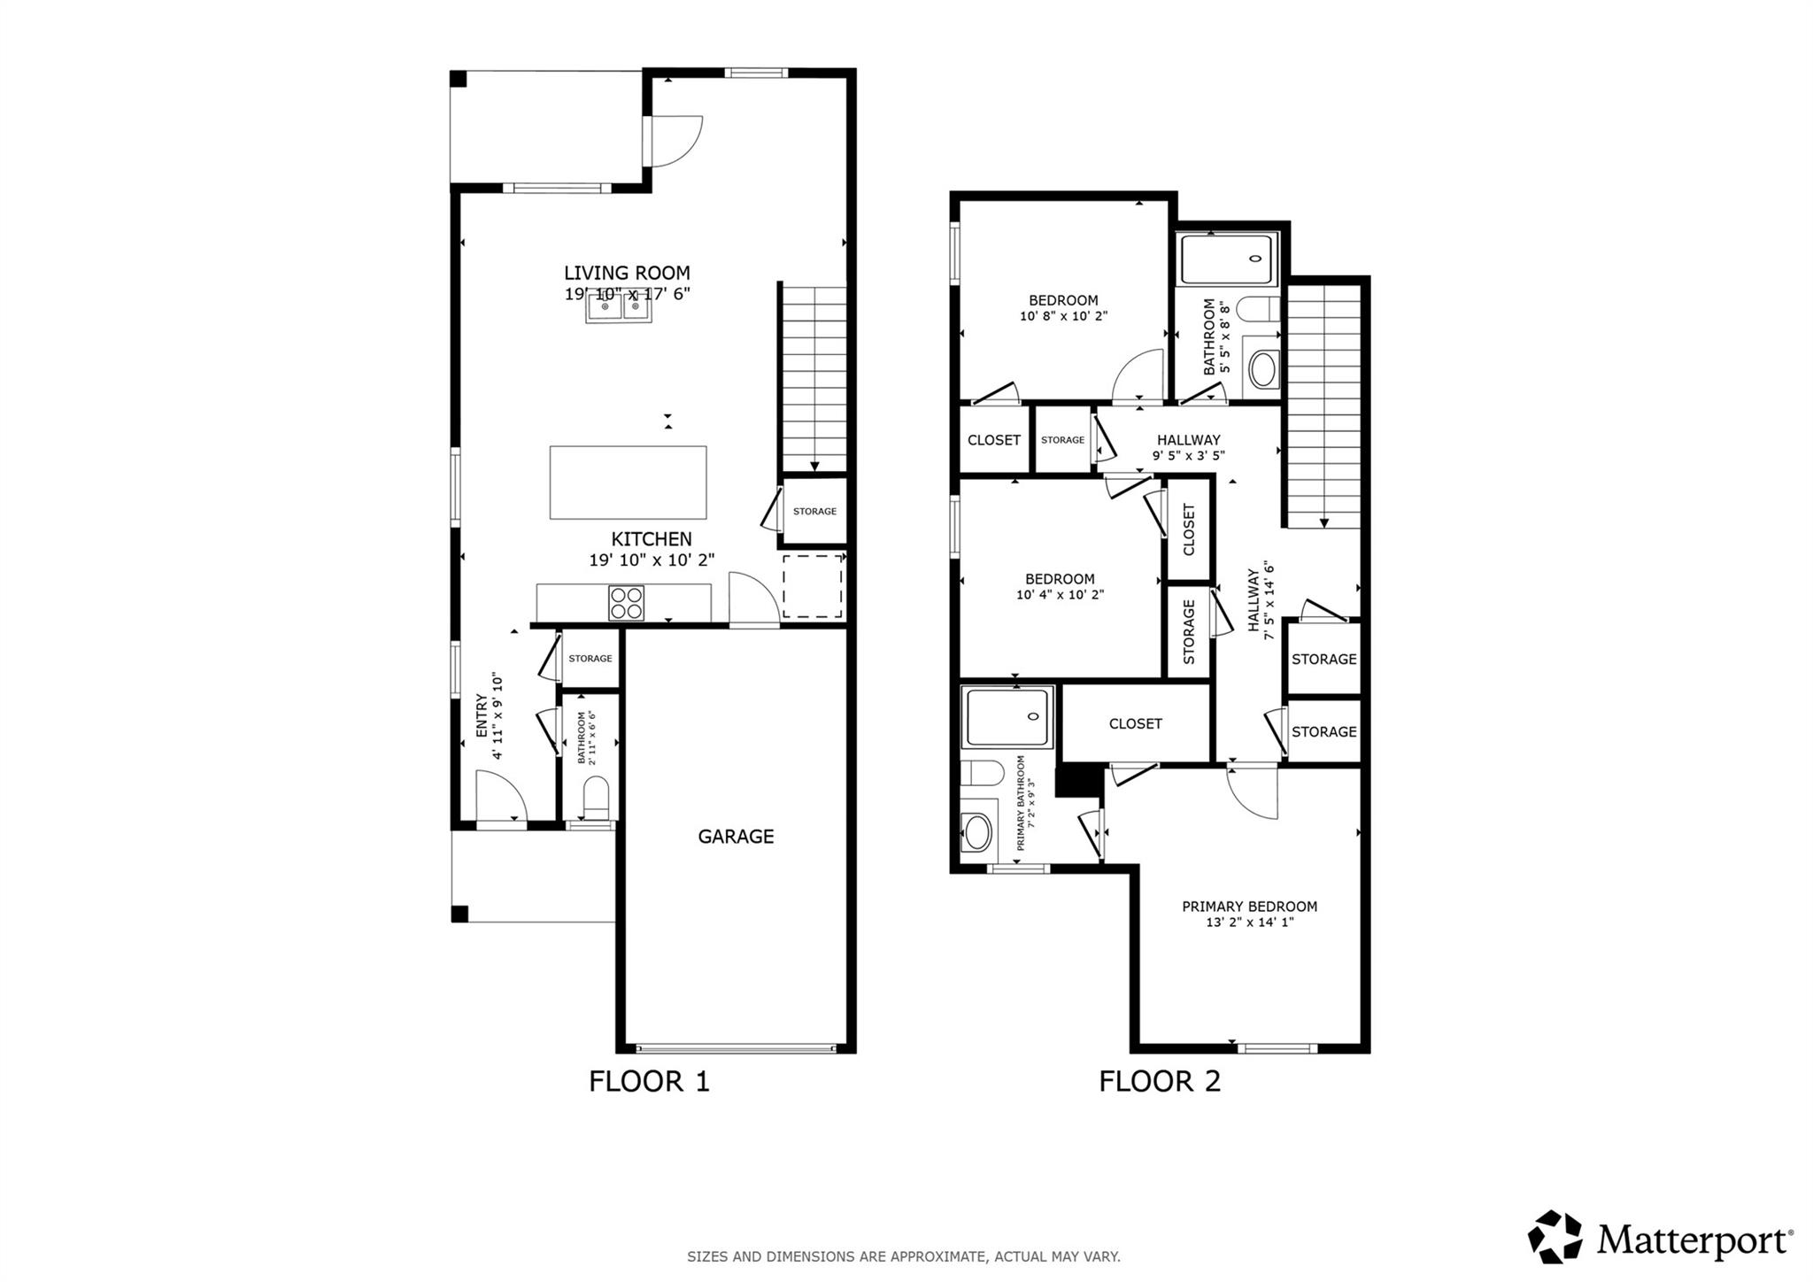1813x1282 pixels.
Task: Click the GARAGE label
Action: click(x=736, y=836)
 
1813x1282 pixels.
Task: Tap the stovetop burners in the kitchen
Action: click(x=626, y=603)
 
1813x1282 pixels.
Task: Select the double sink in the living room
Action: click(x=619, y=308)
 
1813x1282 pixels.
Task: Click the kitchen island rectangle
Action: click(x=628, y=483)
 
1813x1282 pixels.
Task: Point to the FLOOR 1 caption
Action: click(x=649, y=1081)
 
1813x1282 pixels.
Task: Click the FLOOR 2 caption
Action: click(x=1159, y=1081)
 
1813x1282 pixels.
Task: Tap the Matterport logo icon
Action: click(x=1555, y=1236)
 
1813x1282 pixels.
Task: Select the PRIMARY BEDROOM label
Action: click(x=1249, y=906)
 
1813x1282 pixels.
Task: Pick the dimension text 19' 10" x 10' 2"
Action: click(x=652, y=560)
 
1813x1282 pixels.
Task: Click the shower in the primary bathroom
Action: click(x=1008, y=716)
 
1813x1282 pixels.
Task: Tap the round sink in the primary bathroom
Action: click(x=977, y=832)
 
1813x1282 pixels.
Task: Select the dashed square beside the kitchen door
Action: click(x=812, y=586)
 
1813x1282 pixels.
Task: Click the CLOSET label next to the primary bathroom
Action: click(x=1135, y=723)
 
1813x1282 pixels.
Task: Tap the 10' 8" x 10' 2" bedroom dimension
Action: click(x=1063, y=315)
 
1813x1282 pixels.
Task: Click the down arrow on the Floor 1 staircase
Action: click(x=814, y=466)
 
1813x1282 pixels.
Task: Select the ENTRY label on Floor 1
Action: click(x=482, y=715)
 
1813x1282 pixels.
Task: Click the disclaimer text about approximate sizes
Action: click(x=903, y=1256)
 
